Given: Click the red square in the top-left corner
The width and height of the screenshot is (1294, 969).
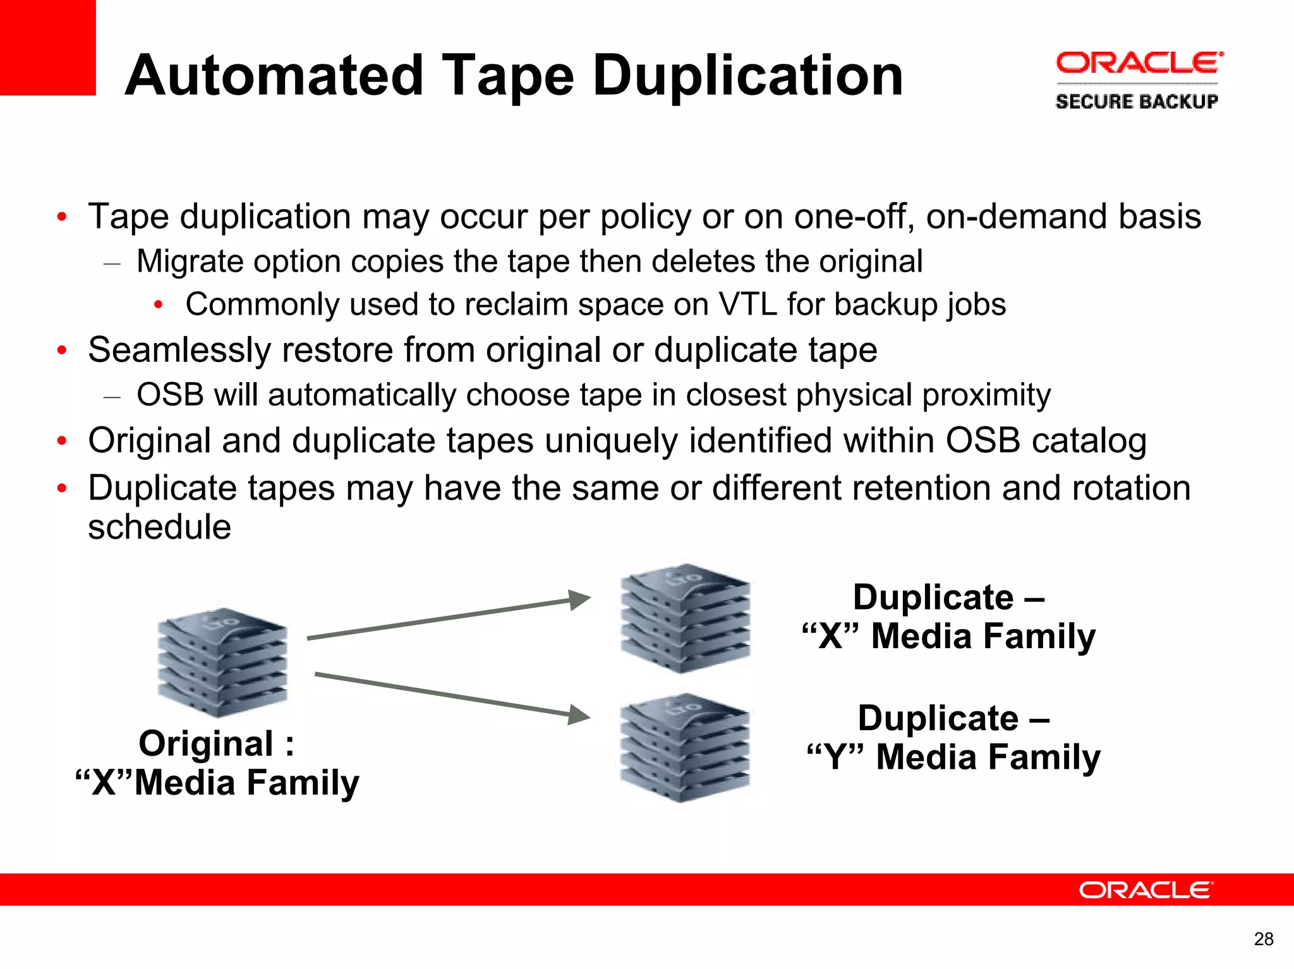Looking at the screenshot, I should pyautogui.click(x=47, y=47).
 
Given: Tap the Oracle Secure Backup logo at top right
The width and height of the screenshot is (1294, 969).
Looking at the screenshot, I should pyautogui.click(x=1138, y=81).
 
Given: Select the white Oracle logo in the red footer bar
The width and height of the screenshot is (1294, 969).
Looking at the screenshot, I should pyautogui.click(x=1146, y=890).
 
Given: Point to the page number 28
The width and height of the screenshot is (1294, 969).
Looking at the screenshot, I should pyautogui.click(x=1263, y=939).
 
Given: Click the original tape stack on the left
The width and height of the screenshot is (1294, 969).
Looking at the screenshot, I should pyautogui.click(x=222, y=663).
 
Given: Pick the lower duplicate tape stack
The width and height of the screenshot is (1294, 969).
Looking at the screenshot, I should pyautogui.click(x=685, y=749).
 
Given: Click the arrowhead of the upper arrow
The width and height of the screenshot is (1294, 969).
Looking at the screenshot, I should pyautogui.click(x=578, y=599).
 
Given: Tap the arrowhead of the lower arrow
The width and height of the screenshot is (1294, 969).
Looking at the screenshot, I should pyautogui.click(x=578, y=715).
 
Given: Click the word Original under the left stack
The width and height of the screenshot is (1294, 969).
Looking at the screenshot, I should pyautogui.click(x=206, y=743).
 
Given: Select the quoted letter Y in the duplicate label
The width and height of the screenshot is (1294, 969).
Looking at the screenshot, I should pyautogui.click(x=835, y=757).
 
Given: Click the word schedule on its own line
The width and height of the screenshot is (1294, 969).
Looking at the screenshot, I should pyautogui.click(x=159, y=527).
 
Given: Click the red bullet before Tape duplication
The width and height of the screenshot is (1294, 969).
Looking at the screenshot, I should pyautogui.click(x=61, y=217).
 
